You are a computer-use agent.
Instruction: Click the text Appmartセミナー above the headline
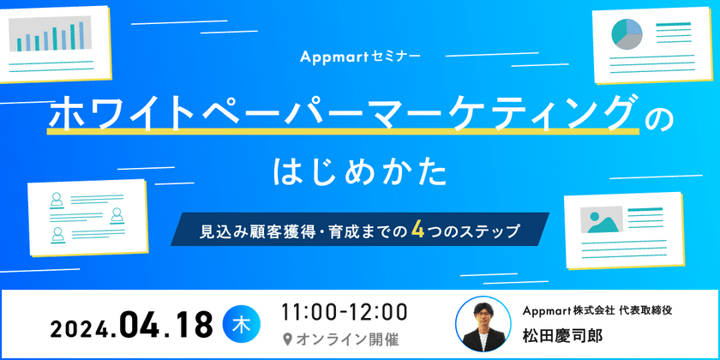(360, 57)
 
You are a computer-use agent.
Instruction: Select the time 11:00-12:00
(345, 311)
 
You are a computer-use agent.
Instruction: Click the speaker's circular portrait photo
(480, 324)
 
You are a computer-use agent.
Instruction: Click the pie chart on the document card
(627, 34)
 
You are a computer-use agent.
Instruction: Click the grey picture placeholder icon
(601, 220)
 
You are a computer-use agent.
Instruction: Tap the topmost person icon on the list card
(57, 198)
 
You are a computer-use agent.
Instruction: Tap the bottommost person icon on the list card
(57, 232)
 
